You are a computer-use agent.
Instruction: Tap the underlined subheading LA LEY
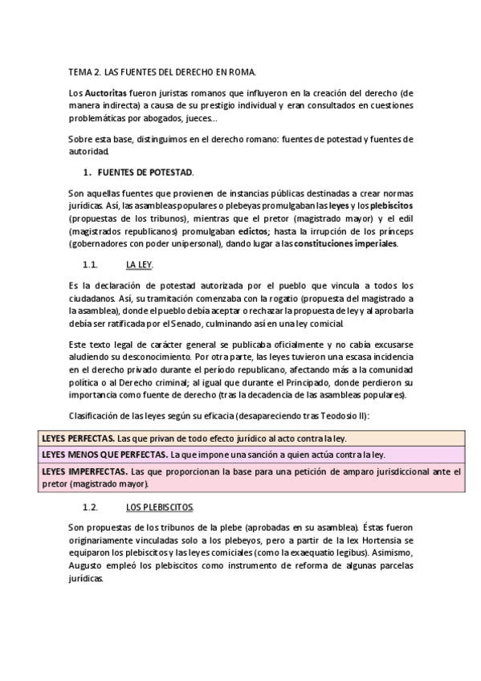tap(139, 263)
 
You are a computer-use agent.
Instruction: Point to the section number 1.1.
tap(90, 263)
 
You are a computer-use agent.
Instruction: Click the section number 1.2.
tap(90, 508)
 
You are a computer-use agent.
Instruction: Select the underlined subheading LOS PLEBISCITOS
tap(159, 508)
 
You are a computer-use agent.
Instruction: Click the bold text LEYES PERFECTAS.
tap(76, 438)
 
